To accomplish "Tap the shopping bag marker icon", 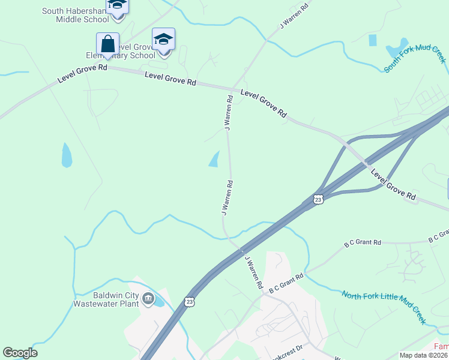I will pyautogui.click(x=107, y=44).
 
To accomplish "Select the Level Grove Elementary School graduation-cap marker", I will pyautogui.click(x=163, y=40).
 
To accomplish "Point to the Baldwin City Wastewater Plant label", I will pyautogui.click(x=106, y=298).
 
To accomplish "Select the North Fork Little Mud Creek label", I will pyautogui.click(x=384, y=307).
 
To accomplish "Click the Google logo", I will pyautogui.click(x=20, y=353).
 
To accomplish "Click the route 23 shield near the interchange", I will pyautogui.click(x=318, y=199).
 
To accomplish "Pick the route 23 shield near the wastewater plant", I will pyautogui.click(x=190, y=301).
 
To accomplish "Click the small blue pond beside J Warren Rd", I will pyautogui.click(x=214, y=159).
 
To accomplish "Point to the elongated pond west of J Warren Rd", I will pyautogui.click(x=67, y=155).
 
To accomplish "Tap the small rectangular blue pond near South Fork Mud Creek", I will pyautogui.click(x=373, y=40).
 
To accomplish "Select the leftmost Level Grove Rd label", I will pyautogui.click(x=82, y=75).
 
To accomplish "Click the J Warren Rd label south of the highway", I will pyautogui.click(x=253, y=272).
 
